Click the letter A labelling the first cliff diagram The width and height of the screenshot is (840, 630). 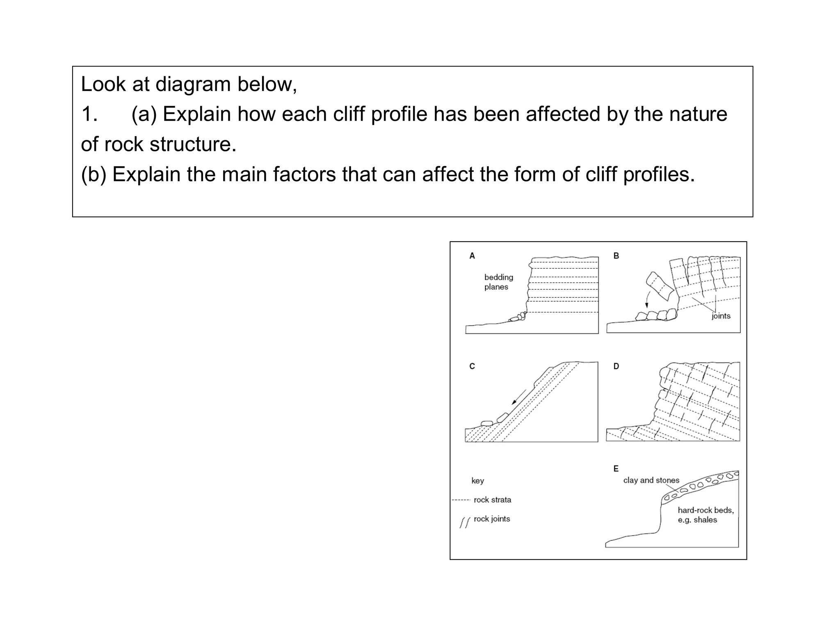tap(472, 256)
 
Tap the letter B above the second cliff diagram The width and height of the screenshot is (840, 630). tap(616, 256)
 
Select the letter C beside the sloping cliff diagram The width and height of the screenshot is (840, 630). tap(472, 366)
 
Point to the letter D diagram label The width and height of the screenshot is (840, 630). tap(616, 366)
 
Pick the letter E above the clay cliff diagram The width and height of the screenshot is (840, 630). tap(616, 468)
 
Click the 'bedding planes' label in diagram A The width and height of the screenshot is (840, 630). tap(498, 282)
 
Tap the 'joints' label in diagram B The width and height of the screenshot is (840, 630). tap(721, 316)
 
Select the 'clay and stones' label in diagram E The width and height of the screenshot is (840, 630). tap(651, 480)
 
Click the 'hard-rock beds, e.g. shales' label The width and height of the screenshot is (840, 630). tap(705, 515)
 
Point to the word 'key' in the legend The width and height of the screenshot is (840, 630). tap(477, 481)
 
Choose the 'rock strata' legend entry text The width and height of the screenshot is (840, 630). tap(492, 500)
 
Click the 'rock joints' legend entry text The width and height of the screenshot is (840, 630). tap(492, 519)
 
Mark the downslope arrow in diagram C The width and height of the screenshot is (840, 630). tap(519, 397)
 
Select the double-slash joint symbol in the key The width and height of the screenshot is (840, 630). tap(464, 523)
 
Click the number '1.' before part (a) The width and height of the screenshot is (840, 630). tap(89, 114)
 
